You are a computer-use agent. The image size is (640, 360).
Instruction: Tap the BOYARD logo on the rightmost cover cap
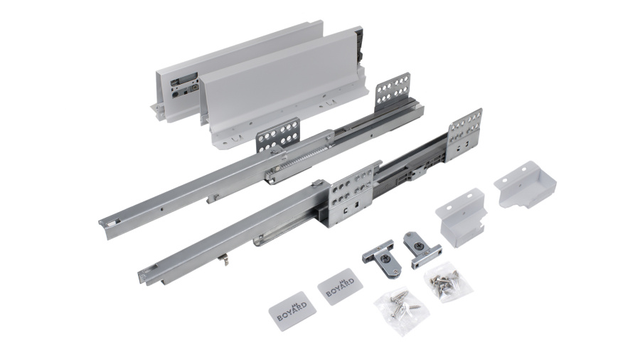[x=340, y=287]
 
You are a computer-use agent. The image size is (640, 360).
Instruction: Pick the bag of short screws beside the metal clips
[x=448, y=282]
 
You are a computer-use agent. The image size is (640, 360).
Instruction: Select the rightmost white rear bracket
[x=526, y=184]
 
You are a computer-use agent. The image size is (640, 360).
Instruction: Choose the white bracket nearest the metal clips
[x=462, y=217]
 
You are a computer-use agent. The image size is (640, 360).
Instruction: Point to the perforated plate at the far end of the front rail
[x=464, y=134]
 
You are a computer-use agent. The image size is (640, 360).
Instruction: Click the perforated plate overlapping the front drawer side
[x=278, y=135]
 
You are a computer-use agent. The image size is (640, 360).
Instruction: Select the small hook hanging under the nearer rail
[x=223, y=260]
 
